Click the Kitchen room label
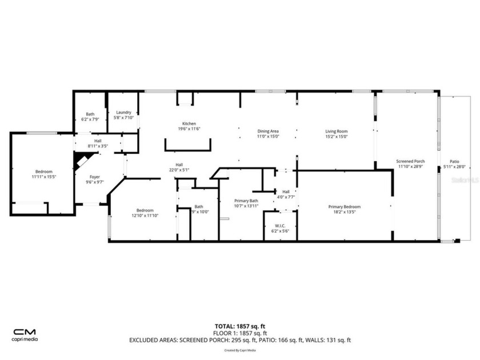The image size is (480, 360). coord(189,124)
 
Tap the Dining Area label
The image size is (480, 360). coord(267,131)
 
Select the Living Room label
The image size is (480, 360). coord(337,131)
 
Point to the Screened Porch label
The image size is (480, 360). coord(410,162)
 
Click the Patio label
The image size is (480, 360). coord(455,162)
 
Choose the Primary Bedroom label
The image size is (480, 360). coord(344,207)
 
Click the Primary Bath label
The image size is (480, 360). coord(246,201)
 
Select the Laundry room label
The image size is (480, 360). coord(123,113)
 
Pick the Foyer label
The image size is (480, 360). coord(94,177)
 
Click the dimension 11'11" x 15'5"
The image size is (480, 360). coord(43,177)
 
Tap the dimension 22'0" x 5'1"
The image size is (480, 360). coord(179,170)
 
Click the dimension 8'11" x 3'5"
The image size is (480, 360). coord(98,146)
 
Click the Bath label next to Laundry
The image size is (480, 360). coord(90,114)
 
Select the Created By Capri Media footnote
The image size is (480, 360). coord(240,350)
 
